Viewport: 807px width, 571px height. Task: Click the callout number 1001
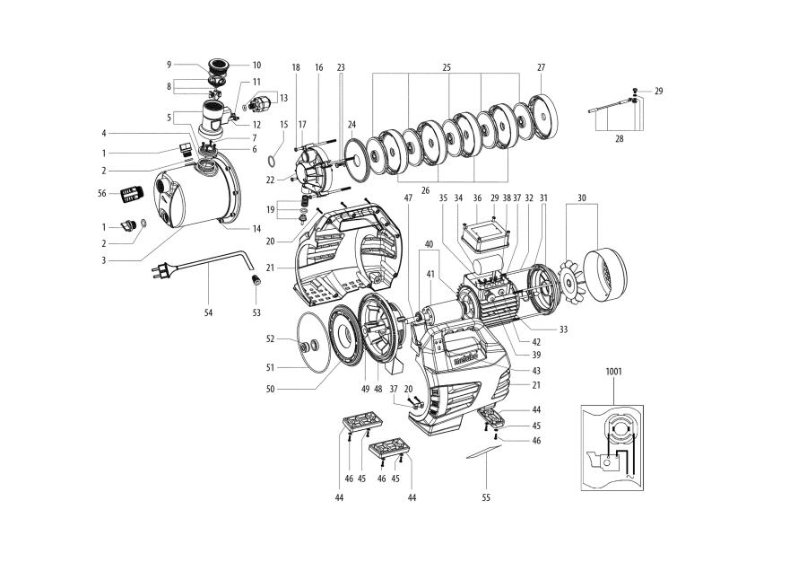tap(613, 370)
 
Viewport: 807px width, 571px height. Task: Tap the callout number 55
tap(486, 496)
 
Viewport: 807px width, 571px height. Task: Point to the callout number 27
tap(541, 67)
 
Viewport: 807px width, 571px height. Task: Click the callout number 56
tap(102, 192)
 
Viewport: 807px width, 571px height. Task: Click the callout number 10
tap(256, 65)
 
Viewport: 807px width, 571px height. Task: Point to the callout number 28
tap(620, 138)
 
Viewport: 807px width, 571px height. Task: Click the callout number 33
tap(564, 329)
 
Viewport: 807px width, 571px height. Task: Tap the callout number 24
tap(352, 124)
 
